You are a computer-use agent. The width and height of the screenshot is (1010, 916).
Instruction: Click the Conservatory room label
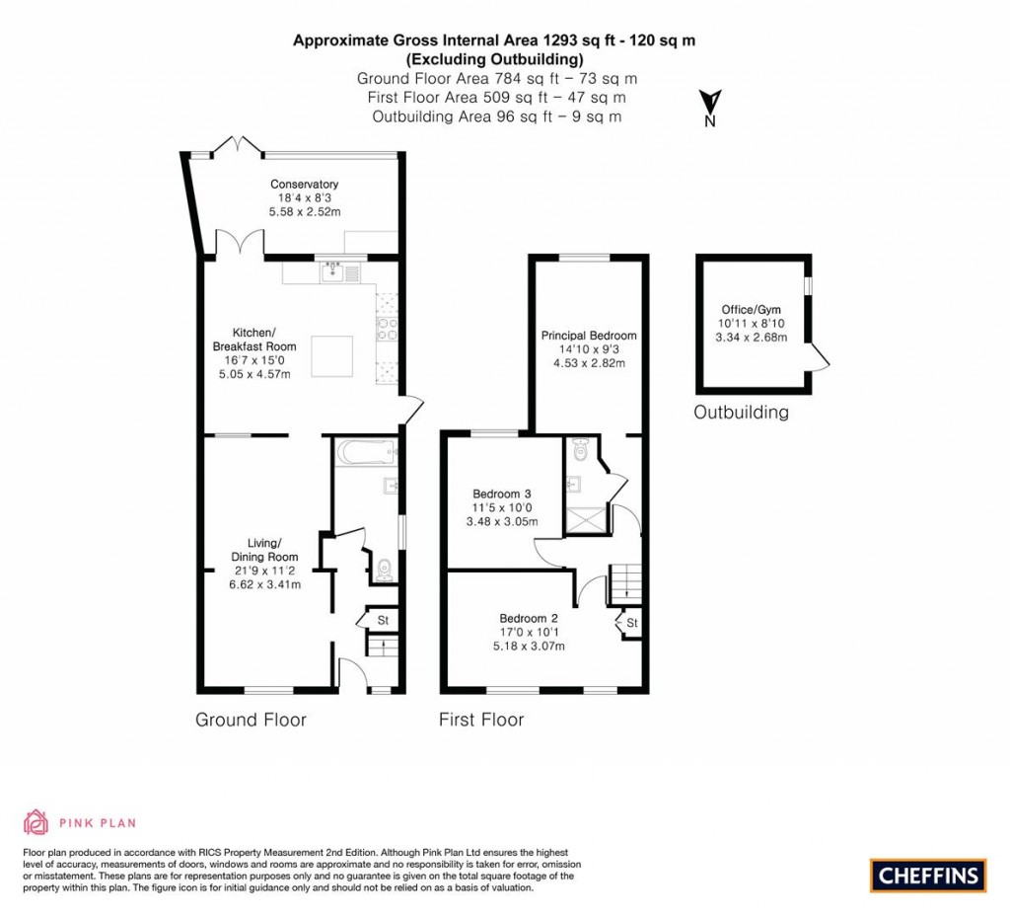point(304,185)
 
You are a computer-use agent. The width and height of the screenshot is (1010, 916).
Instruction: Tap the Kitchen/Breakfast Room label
point(254,340)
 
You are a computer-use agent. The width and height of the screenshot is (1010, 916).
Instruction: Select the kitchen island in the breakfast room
point(332,355)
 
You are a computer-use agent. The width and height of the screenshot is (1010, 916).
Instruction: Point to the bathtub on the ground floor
point(365,452)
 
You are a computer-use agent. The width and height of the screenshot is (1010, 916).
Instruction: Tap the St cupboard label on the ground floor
point(383,620)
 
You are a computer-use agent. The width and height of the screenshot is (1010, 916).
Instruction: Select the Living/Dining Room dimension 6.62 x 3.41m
point(264,584)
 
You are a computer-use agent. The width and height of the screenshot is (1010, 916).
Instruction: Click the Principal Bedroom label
point(589,336)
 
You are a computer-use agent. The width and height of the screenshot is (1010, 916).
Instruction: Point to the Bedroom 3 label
point(502,494)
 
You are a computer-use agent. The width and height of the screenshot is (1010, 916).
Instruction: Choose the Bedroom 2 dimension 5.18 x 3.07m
point(529,646)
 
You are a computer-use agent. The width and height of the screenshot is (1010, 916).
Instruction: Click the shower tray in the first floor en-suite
point(586,520)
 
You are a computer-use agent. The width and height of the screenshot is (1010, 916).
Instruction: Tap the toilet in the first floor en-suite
point(580,450)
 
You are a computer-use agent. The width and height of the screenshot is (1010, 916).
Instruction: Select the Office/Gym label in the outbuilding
point(751,309)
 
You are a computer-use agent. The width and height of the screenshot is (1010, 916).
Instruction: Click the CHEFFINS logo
point(928,876)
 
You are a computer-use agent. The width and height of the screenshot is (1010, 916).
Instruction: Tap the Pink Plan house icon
point(36,822)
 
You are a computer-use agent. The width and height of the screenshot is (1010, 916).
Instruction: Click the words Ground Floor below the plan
point(251,720)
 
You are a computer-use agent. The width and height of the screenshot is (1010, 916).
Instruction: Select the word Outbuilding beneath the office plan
point(741,412)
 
